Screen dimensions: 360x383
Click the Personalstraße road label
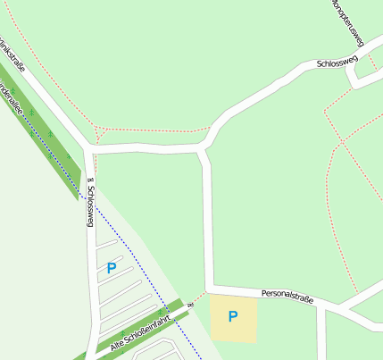click(x=287, y=296)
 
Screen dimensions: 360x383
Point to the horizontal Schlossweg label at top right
click(x=337, y=63)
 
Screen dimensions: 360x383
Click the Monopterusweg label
click(x=348, y=18)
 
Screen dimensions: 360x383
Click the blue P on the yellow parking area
click(x=233, y=316)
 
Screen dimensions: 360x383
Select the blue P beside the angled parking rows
click(x=112, y=267)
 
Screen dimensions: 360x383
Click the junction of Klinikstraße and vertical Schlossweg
click(x=88, y=147)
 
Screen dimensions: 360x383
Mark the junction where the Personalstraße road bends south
click(x=211, y=289)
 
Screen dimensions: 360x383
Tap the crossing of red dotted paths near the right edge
click(x=342, y=142)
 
